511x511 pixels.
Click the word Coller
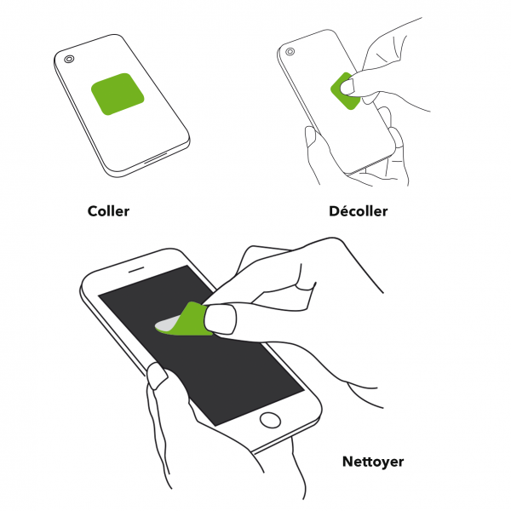tap(108, 211)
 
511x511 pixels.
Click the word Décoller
tap(359, 211)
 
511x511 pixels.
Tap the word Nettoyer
tap(373, 462)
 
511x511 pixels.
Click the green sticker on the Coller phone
tap(118, 94)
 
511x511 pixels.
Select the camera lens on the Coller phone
tap(69, 59)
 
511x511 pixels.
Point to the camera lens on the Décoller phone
tap(290, 51)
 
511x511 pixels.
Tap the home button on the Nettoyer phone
tap(270, 420)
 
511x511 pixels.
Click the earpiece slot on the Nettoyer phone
tap(136, 269)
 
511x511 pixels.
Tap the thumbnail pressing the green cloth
tap(221, 319)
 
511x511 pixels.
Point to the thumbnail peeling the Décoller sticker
tap(347, 87)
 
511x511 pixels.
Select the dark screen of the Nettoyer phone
tap(201, 346)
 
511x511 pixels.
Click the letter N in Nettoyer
tap(347, 461)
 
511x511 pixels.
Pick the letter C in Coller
tap(93, 211)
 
